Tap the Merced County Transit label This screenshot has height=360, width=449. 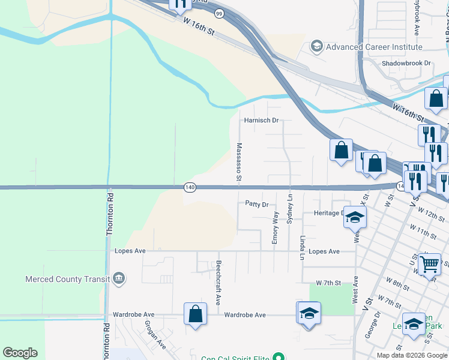(x=67, y=278)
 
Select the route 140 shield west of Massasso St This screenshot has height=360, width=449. (x=190, y=188)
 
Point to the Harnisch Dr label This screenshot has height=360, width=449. (x=261, y=120)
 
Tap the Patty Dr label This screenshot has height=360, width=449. (x=257, y=204)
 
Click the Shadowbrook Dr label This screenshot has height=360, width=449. (x=407, y=63)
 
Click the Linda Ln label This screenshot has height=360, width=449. (x=303, y=247)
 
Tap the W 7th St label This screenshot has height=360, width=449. (x=328, y=283)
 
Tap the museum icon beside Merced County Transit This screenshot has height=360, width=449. (x=119, y=278)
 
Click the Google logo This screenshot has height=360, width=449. (x=20, y=353)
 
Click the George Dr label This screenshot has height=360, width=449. (x=377, y=325)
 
